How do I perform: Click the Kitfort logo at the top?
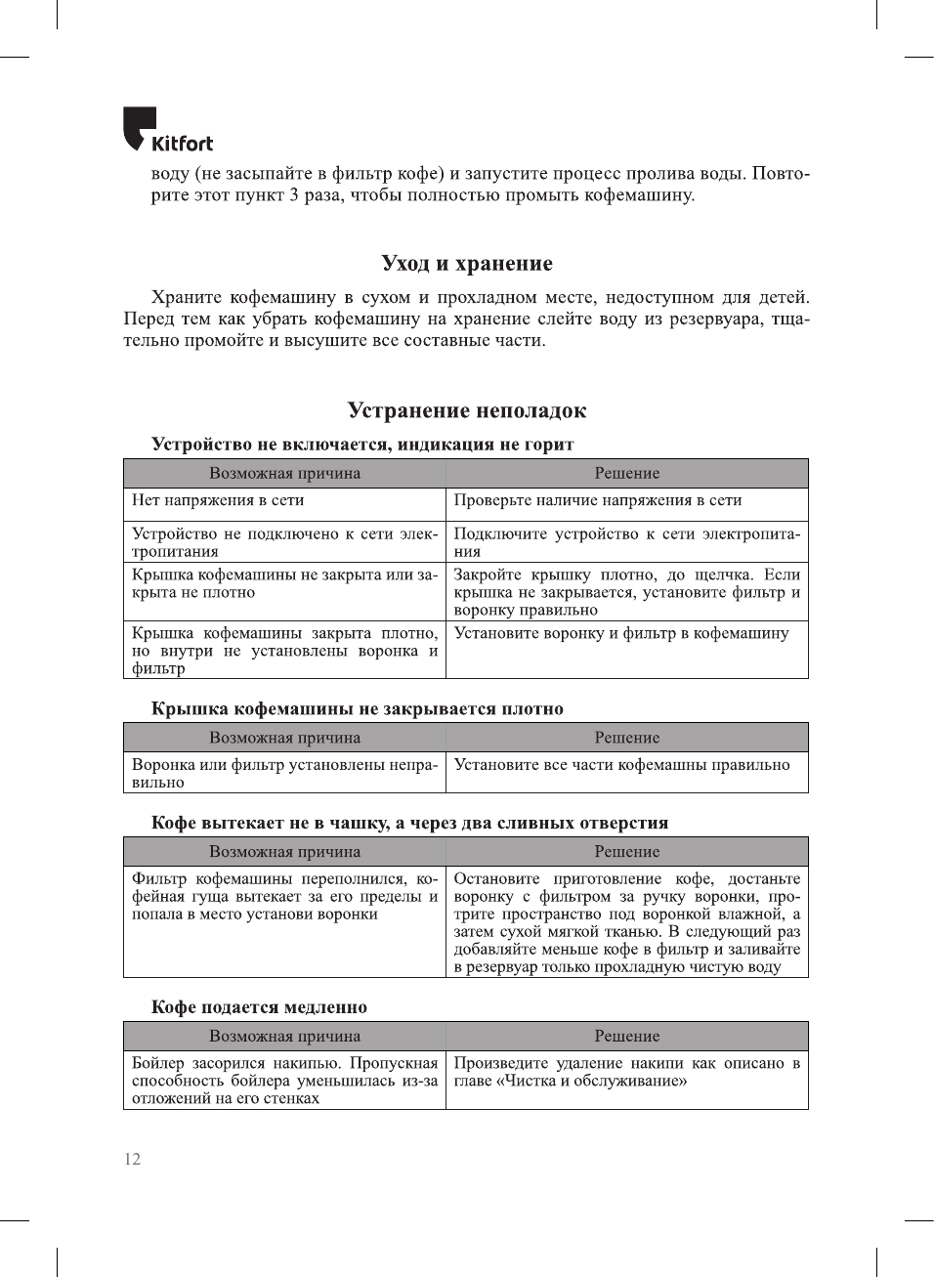pos(167,131)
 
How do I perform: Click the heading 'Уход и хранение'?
pos(466,264)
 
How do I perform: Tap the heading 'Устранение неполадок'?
pos(466,411)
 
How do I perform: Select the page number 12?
pos(132,1160)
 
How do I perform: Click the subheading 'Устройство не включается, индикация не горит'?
pos(361,445)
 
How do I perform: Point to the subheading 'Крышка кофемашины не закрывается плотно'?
pos(357,709)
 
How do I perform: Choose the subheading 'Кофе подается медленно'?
pos(259,1007)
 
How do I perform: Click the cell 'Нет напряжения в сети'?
pos(218,500)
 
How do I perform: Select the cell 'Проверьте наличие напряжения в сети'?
pos(597,500)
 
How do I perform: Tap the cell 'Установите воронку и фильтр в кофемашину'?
pos(620,633)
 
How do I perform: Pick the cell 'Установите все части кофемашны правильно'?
pos(621,765)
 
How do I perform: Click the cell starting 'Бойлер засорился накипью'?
pos(284,1081)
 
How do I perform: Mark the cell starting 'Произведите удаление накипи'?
pos(626,1072)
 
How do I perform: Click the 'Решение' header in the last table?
pos(626,1037)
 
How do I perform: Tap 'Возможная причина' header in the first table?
pos(284,474)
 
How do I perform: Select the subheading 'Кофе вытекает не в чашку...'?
pos(409,824)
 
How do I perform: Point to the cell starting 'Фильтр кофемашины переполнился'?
pos(284,897)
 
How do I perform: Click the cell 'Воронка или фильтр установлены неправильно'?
pos(284,774)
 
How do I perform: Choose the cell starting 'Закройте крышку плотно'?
pos(626,592)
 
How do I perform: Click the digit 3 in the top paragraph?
pos(294,195)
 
